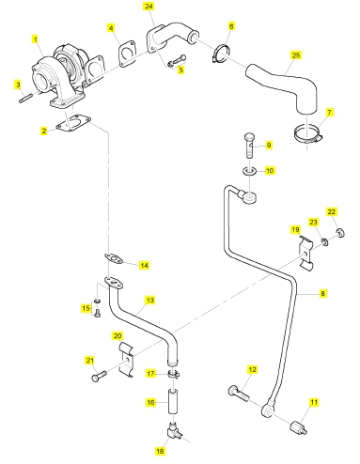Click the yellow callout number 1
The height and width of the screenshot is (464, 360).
pos(36,39)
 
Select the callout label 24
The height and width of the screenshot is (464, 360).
pos(149,7)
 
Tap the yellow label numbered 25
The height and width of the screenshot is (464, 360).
pos(296,55)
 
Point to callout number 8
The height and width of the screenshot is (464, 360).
pos(322,294)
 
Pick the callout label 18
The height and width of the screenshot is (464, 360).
pos(160,451)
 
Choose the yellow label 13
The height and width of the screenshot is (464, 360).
pos(150,301)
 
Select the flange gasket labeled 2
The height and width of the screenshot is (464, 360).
pos(73,123)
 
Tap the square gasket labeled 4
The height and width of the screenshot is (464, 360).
pos(127,54)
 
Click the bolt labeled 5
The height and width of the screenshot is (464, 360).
pos(177,61)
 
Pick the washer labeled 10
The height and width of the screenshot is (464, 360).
pos(250,171)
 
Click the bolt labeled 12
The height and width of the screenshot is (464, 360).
pos(239,394)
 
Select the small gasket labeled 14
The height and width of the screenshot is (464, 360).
pos(113,259)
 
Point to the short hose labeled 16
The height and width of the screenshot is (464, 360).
pos(173,401)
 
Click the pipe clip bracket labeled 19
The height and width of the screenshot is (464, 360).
pos(305,254)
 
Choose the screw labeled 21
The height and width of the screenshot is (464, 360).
pos(100,375)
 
